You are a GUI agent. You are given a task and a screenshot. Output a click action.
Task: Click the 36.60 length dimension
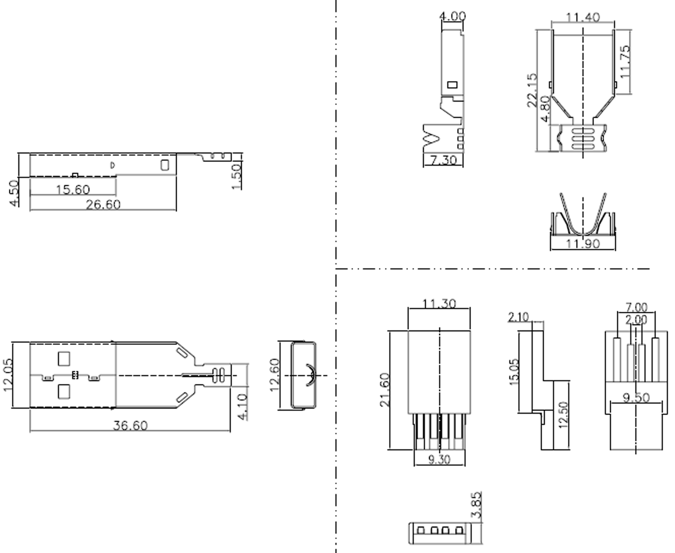130,425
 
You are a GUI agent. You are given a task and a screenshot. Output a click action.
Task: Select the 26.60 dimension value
103,205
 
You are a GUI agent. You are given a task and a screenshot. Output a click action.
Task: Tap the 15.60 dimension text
73,190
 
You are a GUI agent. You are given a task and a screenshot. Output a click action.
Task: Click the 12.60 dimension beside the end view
275,375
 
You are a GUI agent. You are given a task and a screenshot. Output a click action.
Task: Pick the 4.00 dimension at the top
452,16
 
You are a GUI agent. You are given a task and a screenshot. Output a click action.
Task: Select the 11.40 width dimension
583,17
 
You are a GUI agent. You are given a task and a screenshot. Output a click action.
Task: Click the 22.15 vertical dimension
532,90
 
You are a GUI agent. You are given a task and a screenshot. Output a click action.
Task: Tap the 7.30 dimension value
443,160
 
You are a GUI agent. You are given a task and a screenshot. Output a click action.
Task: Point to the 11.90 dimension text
583,243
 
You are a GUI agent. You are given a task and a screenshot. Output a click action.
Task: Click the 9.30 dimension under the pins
439,459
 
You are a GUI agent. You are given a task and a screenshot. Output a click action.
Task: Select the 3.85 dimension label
476,504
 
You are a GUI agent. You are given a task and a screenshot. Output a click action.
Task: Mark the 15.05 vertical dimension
513,372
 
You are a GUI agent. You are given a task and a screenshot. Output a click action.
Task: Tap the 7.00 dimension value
636,307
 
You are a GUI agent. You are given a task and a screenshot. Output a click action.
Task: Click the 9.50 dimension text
636,398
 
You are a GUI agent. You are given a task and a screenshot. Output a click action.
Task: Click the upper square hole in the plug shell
64,359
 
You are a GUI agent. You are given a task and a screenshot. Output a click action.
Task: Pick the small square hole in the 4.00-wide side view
452,85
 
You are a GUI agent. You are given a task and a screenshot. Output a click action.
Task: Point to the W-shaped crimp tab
432,138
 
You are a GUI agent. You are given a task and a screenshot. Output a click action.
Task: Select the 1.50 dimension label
236,176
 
